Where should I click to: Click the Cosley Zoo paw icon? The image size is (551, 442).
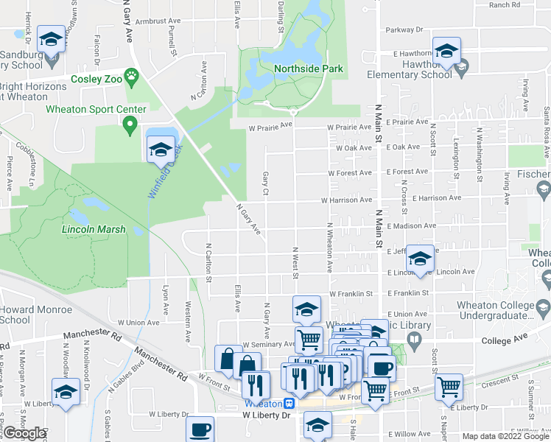[131, 75]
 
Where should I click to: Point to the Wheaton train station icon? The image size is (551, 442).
[291, 404]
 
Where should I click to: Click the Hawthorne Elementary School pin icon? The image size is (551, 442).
[462, 69]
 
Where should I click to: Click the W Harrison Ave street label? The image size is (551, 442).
[345, 200]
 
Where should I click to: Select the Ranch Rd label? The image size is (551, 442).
[504, 5]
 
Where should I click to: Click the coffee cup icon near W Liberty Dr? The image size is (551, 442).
[200, 429]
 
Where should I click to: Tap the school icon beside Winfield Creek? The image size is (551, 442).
[161, 150]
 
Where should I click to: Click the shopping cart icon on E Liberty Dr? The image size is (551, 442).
[448, 386]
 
